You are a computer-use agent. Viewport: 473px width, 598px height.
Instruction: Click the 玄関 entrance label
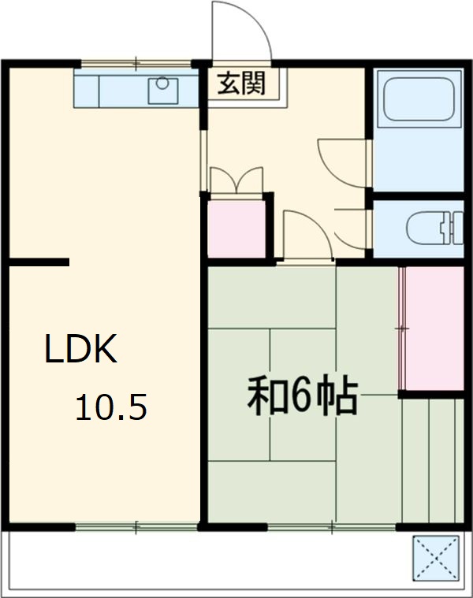coord(242,82)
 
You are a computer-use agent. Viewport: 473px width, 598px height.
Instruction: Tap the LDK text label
coord(80,351)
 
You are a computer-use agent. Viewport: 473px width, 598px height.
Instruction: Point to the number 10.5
coord(111,408)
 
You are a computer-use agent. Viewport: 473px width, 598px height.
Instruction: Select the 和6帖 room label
coord(304,396)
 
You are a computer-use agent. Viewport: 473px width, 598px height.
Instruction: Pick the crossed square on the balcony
coord(436,556)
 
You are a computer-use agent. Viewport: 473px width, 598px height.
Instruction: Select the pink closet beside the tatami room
coord(431,329)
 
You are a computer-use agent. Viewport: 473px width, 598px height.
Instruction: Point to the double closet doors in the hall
coord(236,180)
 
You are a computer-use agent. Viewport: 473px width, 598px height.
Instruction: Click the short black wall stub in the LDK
coord(39,262)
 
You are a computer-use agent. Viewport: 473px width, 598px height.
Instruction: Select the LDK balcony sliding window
coord(136,526)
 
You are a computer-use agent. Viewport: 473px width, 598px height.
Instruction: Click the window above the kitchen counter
coord(136,62)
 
